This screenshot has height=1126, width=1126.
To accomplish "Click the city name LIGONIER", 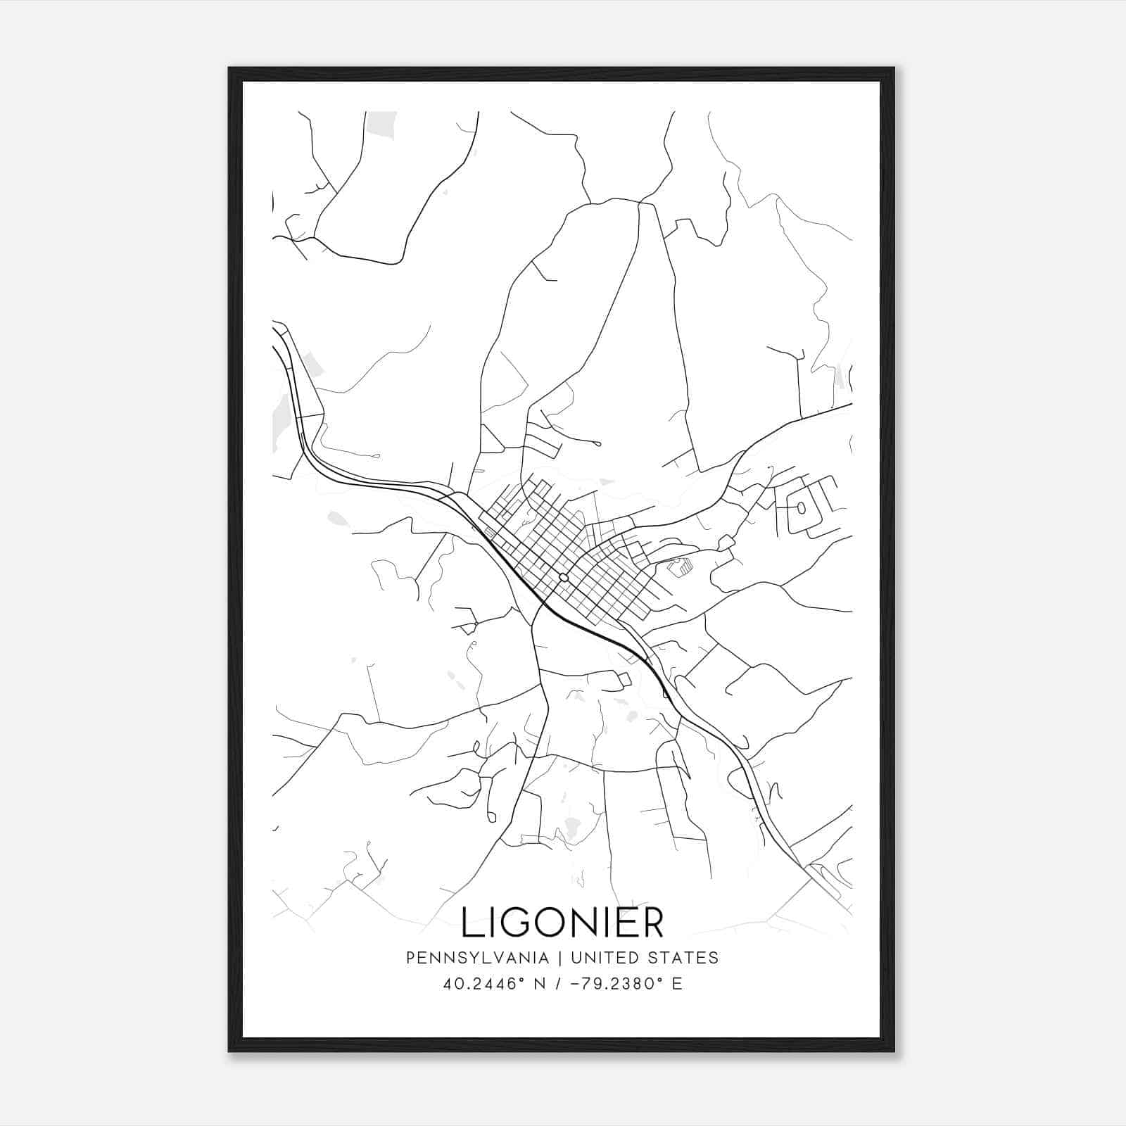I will tap(562, 923).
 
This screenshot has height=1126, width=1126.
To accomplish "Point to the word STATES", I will tap(683, 958).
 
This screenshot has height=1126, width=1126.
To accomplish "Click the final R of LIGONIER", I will tap(653, 923).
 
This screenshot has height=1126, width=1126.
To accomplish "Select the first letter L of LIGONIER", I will tap(472, 923).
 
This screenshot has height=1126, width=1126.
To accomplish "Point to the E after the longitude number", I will tap(677, 984).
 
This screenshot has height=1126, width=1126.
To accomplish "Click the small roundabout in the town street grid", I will tap(563, 577).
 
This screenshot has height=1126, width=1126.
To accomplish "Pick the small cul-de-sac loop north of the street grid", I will tap(597, 443).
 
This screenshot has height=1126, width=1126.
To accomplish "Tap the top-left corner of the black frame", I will tap(229, 69).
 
